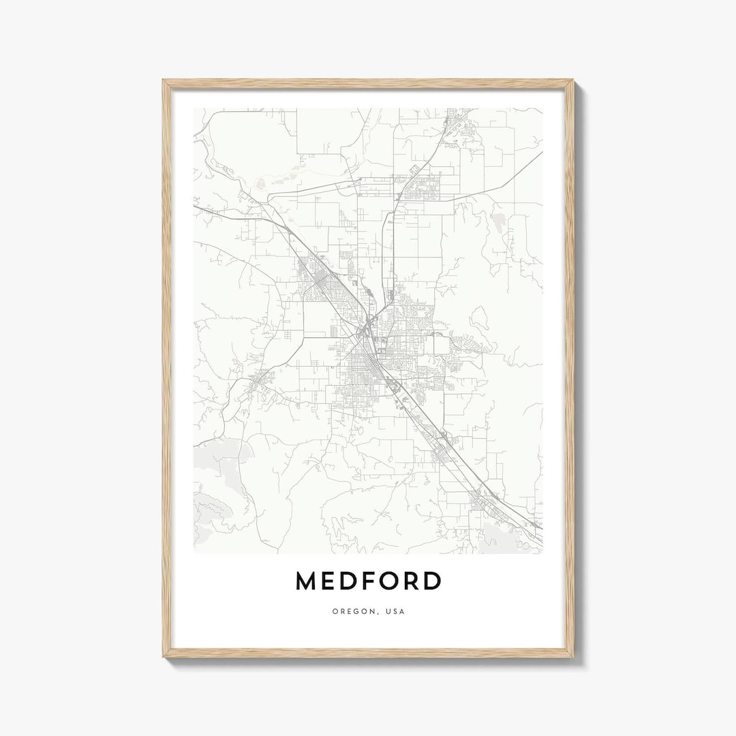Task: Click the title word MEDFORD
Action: tap(368, 581)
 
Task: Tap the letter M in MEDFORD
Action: tap(307, 581)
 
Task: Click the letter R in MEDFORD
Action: tap(413, 581)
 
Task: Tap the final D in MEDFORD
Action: tap(433, 581)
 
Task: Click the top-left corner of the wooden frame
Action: tap(164, 81)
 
